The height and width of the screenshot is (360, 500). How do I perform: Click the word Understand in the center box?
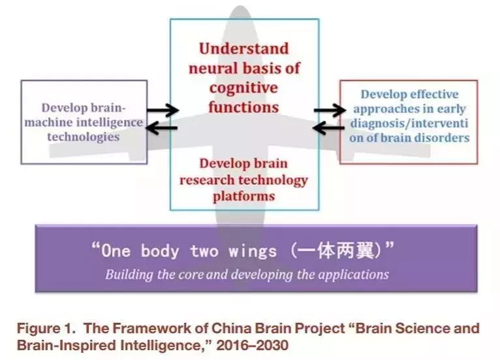point(243,49)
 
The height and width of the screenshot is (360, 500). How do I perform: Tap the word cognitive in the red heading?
point(243,88)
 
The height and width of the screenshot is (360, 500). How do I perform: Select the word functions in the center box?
point(243,106)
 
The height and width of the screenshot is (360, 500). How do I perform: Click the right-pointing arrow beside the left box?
point(163,110)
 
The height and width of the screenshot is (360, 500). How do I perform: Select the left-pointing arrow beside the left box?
point(163,128)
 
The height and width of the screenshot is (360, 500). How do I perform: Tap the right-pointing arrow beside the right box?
point(329,110)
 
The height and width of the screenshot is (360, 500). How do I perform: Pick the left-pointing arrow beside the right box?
point(329,128)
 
